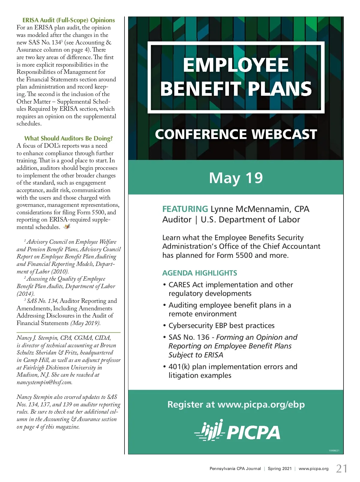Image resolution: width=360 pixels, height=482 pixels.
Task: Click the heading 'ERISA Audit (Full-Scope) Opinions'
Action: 69,20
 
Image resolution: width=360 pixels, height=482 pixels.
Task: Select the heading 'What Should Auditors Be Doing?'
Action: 68,138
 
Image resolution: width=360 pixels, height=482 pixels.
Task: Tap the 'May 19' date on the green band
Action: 236,178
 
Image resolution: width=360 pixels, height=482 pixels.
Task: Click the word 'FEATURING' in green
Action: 185,209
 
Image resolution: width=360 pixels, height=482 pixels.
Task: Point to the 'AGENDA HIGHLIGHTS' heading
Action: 199,273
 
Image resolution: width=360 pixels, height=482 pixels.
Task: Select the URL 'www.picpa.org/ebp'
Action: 261,404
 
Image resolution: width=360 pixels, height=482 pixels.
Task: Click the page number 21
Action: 342,468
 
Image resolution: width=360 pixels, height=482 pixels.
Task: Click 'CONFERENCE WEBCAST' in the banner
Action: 236,134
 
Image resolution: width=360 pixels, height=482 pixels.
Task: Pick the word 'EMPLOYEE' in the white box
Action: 236,65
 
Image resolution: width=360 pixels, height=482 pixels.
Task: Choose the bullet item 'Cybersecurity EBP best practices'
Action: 221,326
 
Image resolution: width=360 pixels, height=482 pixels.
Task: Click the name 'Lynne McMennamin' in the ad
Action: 250,209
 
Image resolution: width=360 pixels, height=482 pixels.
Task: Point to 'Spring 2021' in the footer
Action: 280,468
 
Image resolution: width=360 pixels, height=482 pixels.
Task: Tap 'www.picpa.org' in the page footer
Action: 313,468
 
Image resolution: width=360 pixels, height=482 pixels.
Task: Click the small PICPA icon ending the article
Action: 67,227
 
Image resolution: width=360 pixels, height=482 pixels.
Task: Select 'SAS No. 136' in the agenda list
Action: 189,337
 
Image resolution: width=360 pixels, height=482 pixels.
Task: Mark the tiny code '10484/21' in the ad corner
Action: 334,450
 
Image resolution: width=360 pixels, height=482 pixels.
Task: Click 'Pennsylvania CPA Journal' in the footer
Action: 235,468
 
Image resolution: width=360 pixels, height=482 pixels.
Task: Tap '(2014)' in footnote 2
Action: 25,294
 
